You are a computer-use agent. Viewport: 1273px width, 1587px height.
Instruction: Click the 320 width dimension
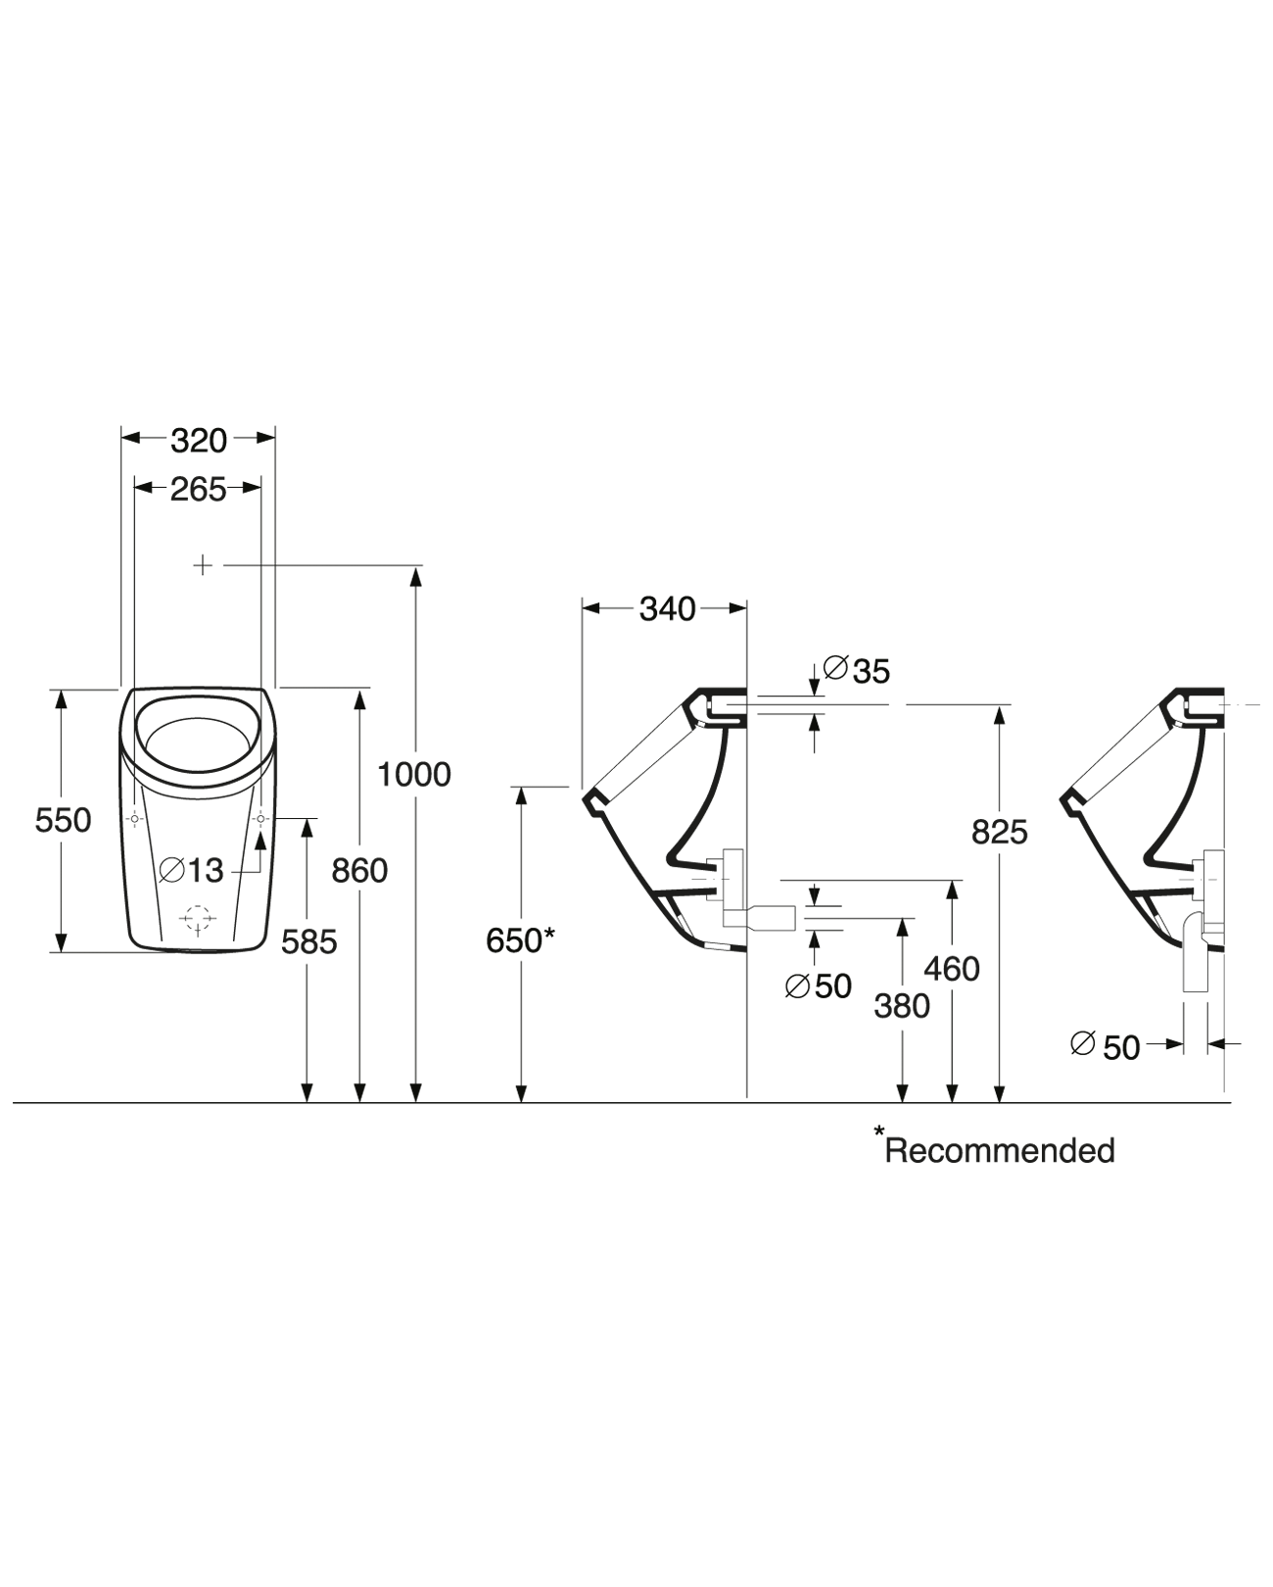199,441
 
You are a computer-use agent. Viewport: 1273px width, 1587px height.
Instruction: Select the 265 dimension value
199,489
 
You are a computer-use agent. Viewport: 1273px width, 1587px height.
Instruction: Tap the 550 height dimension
63,820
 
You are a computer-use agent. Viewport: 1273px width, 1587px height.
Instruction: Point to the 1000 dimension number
414,775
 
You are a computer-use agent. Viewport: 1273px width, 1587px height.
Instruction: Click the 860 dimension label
359,870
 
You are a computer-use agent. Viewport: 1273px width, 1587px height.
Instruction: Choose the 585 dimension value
308,942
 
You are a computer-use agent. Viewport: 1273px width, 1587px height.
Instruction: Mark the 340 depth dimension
667,609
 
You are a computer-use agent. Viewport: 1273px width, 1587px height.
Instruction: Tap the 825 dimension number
999,832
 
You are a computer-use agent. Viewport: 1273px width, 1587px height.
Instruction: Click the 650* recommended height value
520,940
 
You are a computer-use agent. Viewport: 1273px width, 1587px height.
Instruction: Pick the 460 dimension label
952,969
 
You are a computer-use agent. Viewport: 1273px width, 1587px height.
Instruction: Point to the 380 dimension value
902,1006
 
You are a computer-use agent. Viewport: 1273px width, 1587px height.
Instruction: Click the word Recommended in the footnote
1000,1150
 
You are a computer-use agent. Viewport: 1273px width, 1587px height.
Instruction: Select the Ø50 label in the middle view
819,986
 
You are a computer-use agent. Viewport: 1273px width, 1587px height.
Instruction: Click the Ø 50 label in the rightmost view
1106,1047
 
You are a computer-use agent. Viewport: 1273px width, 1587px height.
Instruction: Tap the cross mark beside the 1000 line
202,565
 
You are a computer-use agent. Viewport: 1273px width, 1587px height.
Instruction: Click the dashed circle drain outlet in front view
198,919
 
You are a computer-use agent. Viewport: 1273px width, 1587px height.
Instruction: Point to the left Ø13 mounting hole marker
135,818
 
